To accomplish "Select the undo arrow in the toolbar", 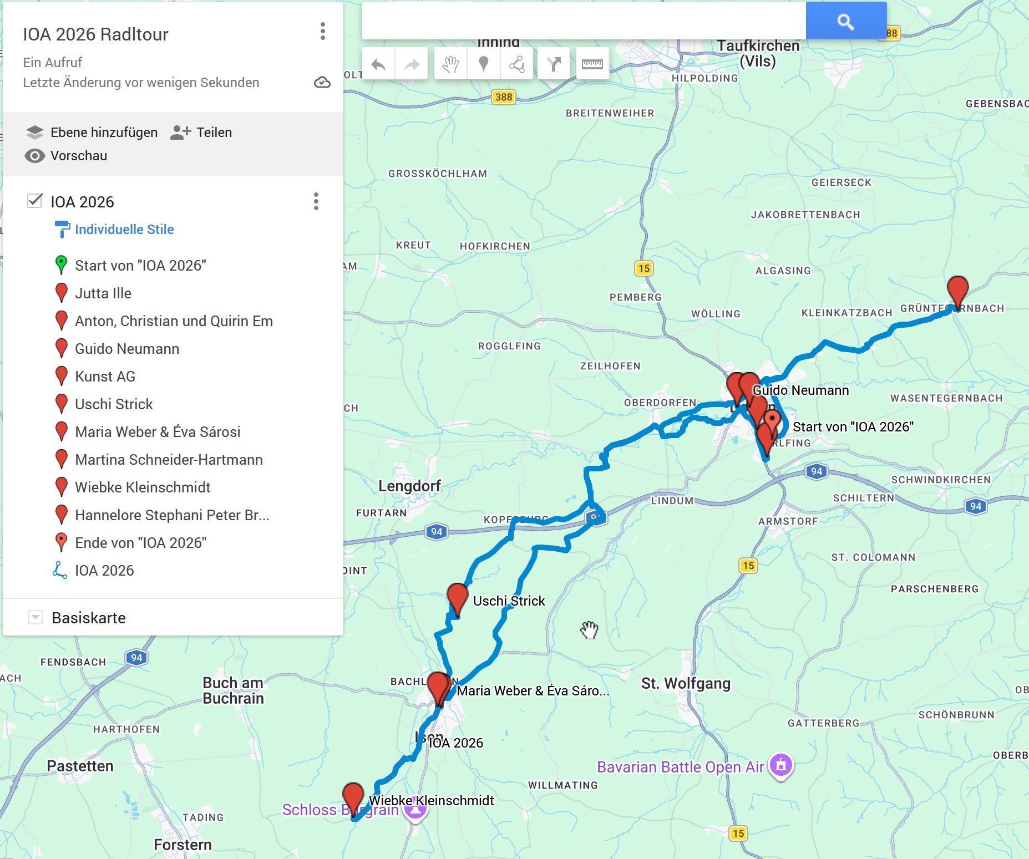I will (x=378, y=64).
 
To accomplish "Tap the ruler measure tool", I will (x=592, y=64).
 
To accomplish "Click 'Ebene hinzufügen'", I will (x=92, y=133).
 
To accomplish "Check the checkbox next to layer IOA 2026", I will (x=35, y=201).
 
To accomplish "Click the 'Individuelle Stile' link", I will (x=124, y=230).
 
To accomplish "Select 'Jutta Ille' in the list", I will (x=103, y=293).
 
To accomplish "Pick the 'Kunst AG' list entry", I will (x=105, y=377).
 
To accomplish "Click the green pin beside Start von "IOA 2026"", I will (x=62, y=265).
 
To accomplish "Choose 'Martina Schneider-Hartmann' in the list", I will (x=169, y=460).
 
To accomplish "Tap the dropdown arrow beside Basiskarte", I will (x=36, y=617).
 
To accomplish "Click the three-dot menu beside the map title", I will (x=322, y=31).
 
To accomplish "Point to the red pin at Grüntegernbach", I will (x=957, y=290).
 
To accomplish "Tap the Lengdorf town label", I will (x=409, y=486).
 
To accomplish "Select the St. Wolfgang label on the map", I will (x=686, y=683).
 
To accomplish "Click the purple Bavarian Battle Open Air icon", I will (x=781, y=765).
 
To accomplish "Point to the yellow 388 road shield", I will (x=504, y=97).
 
